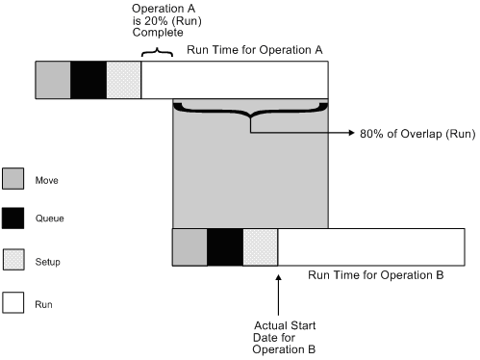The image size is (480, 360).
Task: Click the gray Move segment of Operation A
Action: click(53, 80)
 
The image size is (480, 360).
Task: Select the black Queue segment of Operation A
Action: click(88, 80)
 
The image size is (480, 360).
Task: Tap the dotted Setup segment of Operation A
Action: click(124, 80)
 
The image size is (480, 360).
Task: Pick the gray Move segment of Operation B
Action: click(189, 246)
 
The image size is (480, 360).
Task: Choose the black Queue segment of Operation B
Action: click(225, 246)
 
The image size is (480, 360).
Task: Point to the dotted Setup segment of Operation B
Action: click(261, 246)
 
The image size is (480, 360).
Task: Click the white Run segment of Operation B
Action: click(370, 246)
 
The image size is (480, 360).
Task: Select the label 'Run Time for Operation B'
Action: click(375, 275)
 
